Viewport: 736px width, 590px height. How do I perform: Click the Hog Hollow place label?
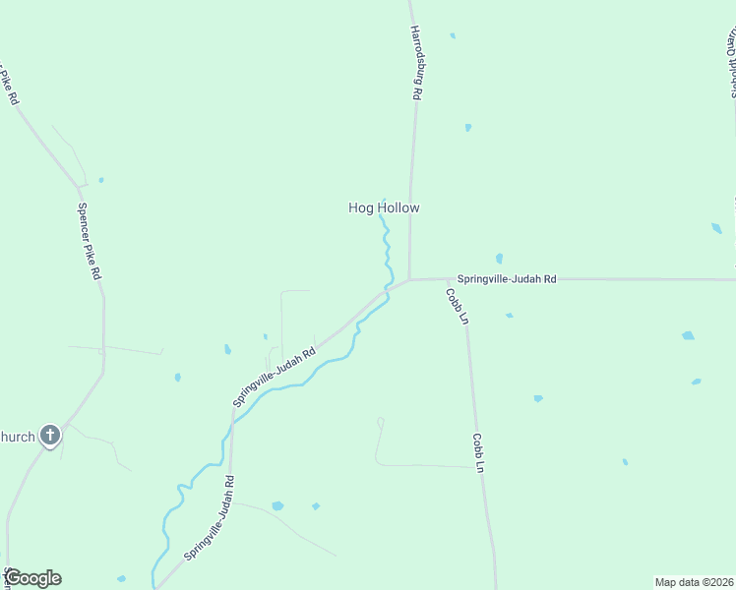point(384,207)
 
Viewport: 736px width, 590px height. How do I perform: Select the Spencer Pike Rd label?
point(90,241)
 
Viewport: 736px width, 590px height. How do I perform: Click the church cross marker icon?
point(50,436)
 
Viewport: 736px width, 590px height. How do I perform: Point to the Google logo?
point(32,578)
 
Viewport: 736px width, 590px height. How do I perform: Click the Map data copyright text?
point(694,581)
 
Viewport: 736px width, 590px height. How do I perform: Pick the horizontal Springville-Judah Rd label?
point(507,279)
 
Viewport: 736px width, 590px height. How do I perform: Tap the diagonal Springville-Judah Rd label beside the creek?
point(274,377)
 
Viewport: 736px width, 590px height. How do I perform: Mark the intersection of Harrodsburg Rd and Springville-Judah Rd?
point(409,279)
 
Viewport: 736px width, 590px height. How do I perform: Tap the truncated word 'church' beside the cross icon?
point(18,436)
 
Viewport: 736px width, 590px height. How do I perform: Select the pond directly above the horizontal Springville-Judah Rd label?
point(499,259)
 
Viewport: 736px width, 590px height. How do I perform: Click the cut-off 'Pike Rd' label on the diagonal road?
point(9,88)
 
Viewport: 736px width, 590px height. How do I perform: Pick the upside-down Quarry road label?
point(732,63)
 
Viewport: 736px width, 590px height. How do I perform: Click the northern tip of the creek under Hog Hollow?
point(382,218)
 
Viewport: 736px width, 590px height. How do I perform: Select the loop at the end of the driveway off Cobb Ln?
point(380,423)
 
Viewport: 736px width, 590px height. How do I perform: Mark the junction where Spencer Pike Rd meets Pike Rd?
point(80,186)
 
